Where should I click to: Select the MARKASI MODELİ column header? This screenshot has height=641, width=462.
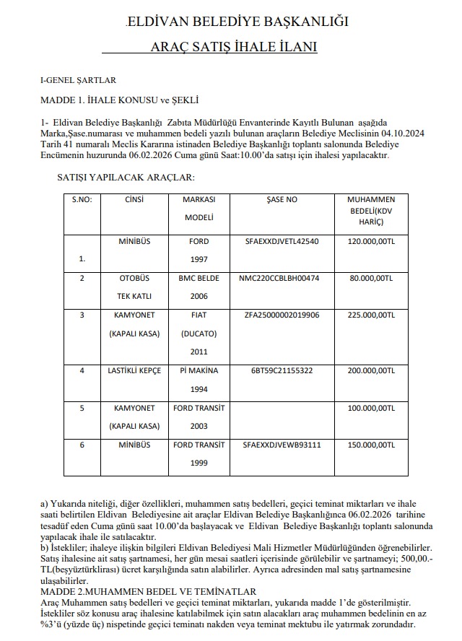[x=199, y=208]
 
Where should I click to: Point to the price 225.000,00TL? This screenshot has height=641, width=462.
[x=370, y=315]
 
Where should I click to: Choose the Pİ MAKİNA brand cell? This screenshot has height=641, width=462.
[x=199, y=370]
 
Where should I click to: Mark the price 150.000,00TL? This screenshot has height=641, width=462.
[x=370, y=445]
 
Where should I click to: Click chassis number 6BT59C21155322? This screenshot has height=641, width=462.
[x=282, y=370]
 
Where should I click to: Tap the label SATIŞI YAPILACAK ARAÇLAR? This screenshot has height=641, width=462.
[x=126, y=177]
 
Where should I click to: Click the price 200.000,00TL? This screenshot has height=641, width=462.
[x=370, y=370]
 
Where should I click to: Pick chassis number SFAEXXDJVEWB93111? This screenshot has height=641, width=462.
[x=282, y=445]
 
